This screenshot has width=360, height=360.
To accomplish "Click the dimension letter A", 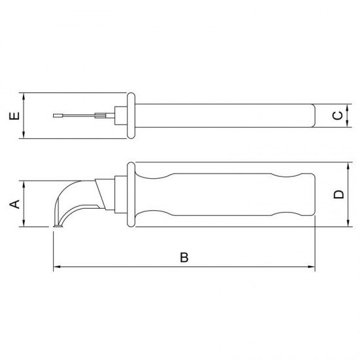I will [x=11, y=204].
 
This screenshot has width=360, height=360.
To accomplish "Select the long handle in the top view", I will [x=223, y=116].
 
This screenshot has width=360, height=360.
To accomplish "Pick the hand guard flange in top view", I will [x=130, y=116].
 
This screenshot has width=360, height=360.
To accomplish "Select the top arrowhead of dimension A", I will [x=24, y=183].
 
